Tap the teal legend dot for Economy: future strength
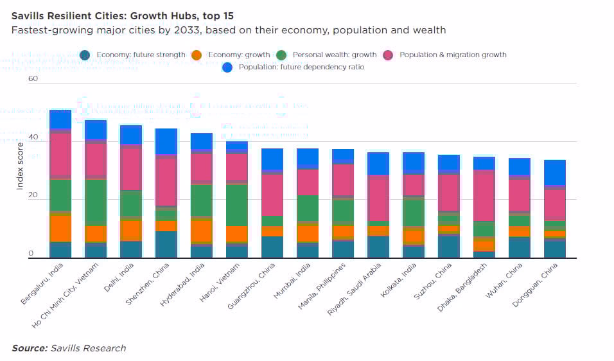pos(85,55)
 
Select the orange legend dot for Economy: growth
pos(197,55)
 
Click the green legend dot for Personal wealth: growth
pos(281,55)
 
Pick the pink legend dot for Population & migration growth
pos(388,55)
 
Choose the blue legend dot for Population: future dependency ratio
pos(227,67)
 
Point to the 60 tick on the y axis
pos(33,79)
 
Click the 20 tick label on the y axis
pos(33,196)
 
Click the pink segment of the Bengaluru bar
pos(60,154)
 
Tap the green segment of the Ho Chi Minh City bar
pos(96,201)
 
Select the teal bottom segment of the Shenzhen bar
pos(166,244)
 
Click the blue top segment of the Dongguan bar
pos(554,172)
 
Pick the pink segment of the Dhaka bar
pos(484,195)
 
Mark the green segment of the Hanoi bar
pos(236,204)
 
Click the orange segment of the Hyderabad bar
pos(201,230)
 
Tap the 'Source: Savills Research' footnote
pos(69,348)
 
